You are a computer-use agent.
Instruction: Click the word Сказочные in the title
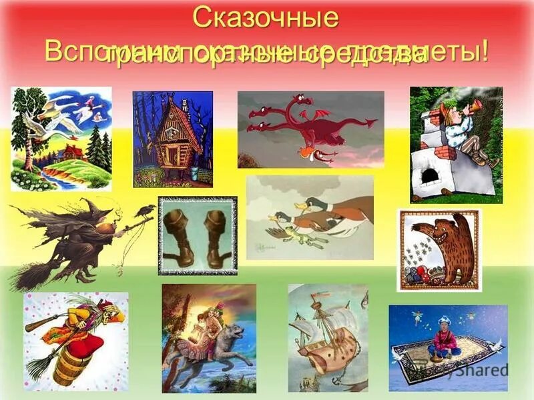(266, 18)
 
